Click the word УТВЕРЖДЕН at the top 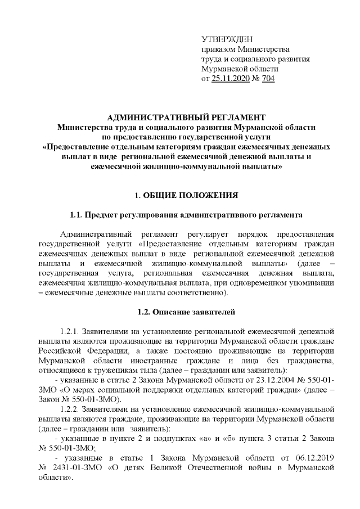click(227, 39)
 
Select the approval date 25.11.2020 click(230, 79)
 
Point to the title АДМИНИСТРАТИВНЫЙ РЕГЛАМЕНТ click(186, 117)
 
